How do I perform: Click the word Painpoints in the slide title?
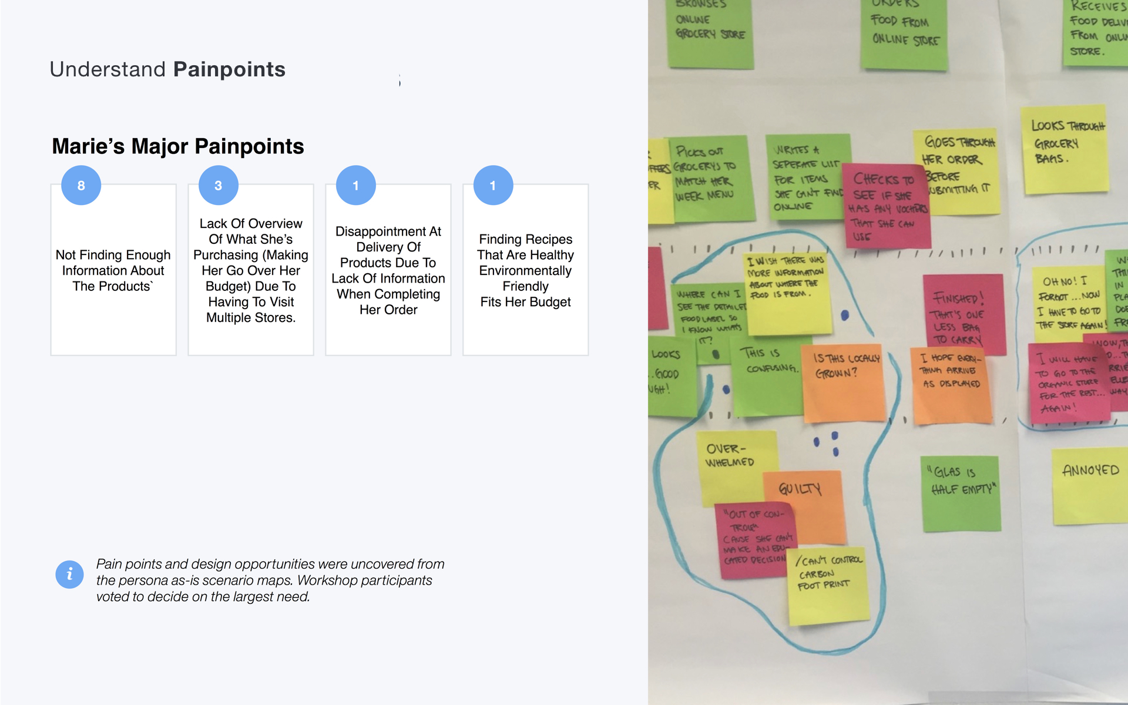[x=229, y=69]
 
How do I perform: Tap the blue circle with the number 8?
[x=81, y=186]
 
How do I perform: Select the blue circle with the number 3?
[x=219, y=186]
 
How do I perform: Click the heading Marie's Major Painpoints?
[x=178, y=146]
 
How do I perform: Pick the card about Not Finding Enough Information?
[x=113, y=270]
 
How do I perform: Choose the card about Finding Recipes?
[x=525, y=270]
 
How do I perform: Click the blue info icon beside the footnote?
[x=69, y=574]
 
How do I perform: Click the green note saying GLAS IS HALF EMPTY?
[x=961, y=491]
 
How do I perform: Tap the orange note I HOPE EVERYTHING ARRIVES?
[x=951, y=385]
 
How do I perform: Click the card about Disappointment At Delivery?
[x=388, y=270]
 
